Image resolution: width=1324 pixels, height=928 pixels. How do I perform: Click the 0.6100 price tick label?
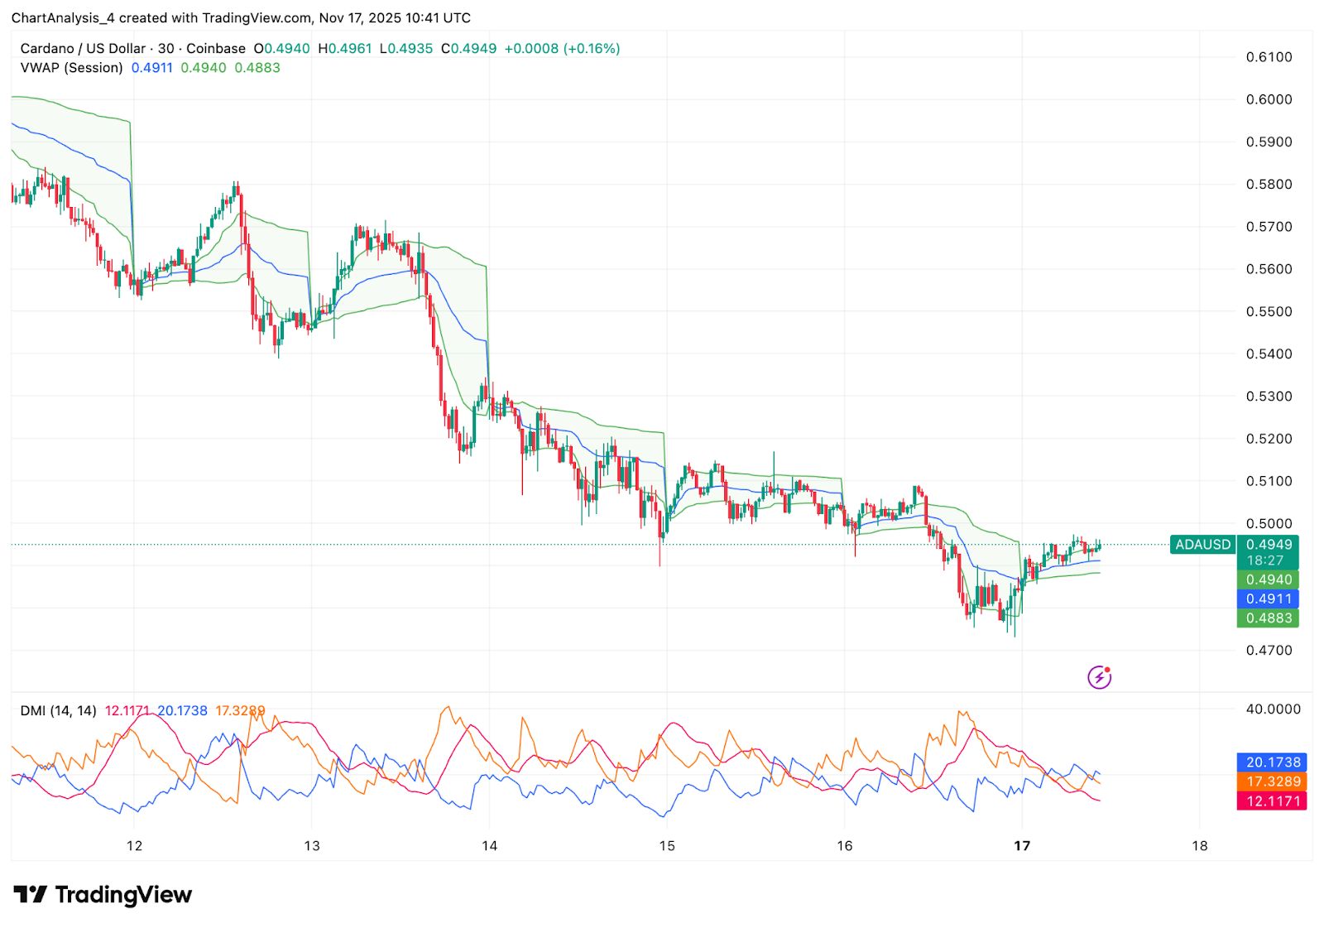pos(1269,57)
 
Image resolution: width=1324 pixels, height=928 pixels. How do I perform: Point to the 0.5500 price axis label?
pos(1269,311)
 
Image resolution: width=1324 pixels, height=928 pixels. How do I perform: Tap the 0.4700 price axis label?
pos(1269,650)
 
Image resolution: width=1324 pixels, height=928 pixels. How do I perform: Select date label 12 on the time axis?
pos(134,845)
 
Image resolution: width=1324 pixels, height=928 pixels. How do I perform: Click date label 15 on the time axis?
pos(667,845)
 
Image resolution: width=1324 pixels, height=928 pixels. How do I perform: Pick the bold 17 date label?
pos(1022,845)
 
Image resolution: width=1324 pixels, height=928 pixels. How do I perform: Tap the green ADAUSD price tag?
pos(1202,545)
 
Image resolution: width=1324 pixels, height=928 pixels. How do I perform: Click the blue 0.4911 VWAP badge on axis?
pos(1269,599)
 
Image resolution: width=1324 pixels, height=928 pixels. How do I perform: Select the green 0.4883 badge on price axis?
pos(1269,618)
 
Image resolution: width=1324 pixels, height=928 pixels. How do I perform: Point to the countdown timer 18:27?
pos(1265,560)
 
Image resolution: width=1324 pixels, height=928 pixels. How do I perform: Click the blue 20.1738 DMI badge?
pos(1273,762)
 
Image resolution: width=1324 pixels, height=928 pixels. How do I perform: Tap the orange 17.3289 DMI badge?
pos(1273,781)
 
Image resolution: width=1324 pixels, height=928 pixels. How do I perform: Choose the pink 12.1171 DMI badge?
pos(1273,801)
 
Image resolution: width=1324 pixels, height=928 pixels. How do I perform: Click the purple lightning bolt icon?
pos(1099,677)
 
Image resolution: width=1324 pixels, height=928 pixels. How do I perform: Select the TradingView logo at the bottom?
pos(103,895)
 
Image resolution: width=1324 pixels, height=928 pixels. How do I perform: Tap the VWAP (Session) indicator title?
pos(71,68)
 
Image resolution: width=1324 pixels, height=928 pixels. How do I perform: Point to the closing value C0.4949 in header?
pos(469,49)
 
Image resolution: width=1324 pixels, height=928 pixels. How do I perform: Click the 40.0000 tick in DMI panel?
pos(1273,709)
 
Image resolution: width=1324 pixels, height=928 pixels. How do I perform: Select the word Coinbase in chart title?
pos(216,49)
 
